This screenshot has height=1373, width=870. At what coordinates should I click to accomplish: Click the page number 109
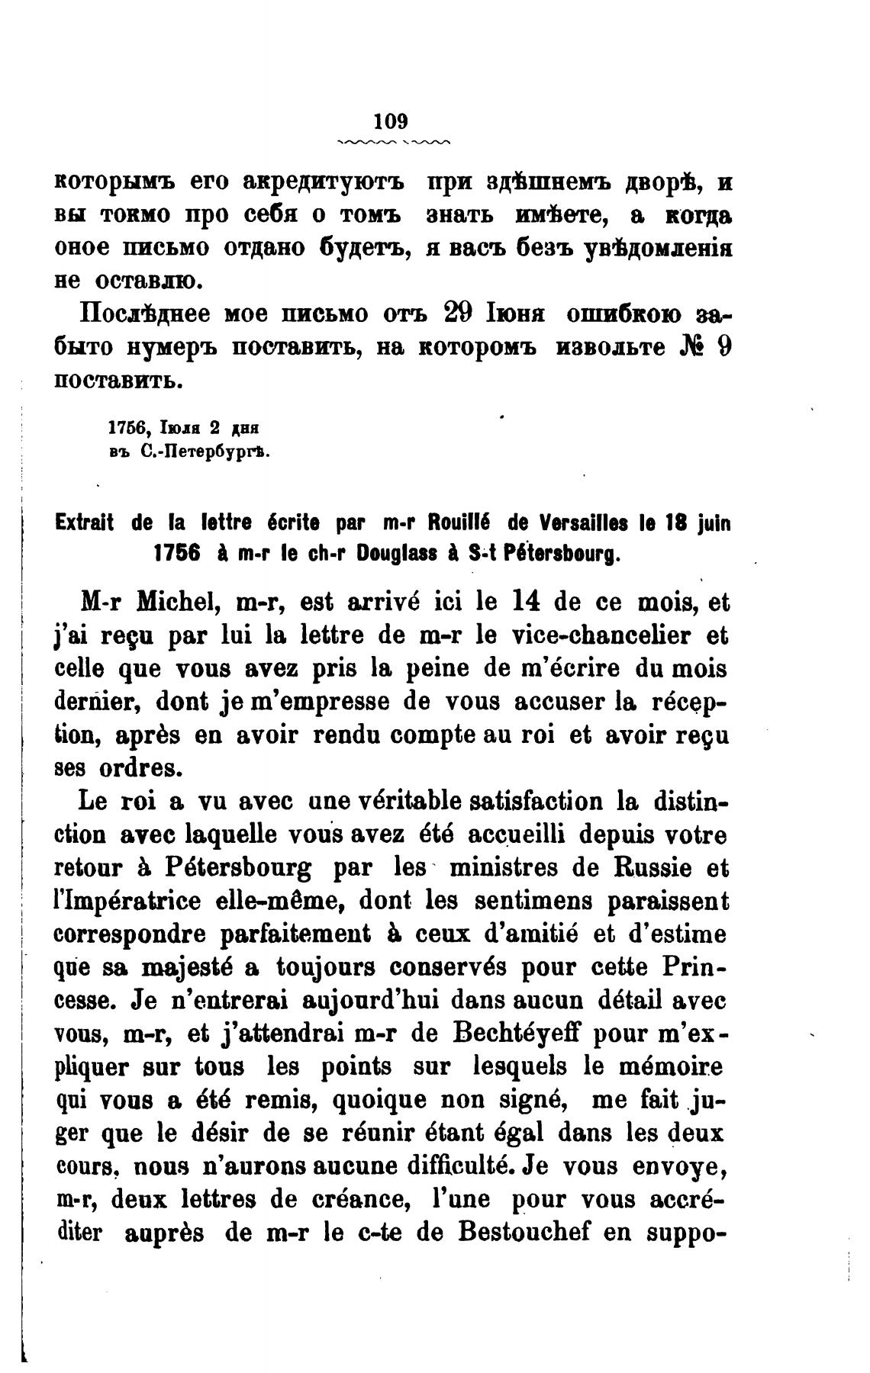point(392,121)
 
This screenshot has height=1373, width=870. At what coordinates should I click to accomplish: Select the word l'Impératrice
point(128,902)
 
